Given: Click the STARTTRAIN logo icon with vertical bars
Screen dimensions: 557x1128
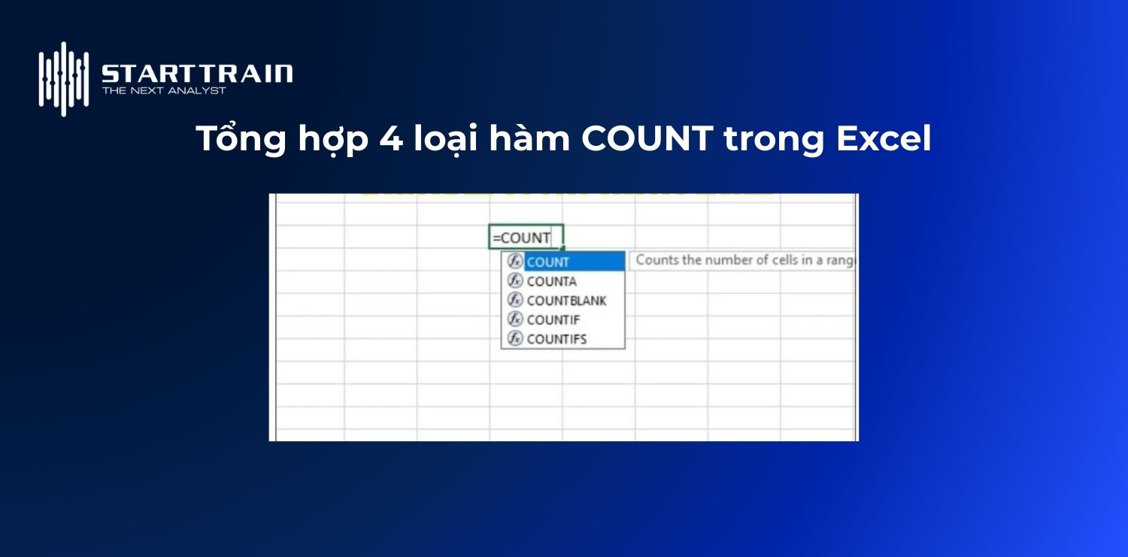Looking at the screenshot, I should coord(64,79).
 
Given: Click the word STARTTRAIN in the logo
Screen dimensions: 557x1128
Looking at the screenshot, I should coord(197,74).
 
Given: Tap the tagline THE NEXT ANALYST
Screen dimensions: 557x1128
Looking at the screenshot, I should coord(164,91).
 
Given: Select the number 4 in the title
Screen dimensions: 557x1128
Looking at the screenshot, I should coord(391,139).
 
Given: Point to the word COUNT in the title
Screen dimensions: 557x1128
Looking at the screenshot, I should coord(647,139).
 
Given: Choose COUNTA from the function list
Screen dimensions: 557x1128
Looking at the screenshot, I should coord(552,281).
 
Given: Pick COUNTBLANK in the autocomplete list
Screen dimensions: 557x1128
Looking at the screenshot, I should coord(566,301).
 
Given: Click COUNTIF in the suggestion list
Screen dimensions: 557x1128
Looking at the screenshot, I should coord(553,319).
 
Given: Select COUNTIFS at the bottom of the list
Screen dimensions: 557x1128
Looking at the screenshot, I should coord(556,339).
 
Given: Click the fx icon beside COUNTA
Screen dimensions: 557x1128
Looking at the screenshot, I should coord(515,281).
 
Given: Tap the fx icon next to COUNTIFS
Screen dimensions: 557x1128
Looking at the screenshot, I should coord(515,339).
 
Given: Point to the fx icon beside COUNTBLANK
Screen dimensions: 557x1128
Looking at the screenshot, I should coord(515,301).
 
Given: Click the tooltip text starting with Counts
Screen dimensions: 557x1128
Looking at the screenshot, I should coord(744,260).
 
